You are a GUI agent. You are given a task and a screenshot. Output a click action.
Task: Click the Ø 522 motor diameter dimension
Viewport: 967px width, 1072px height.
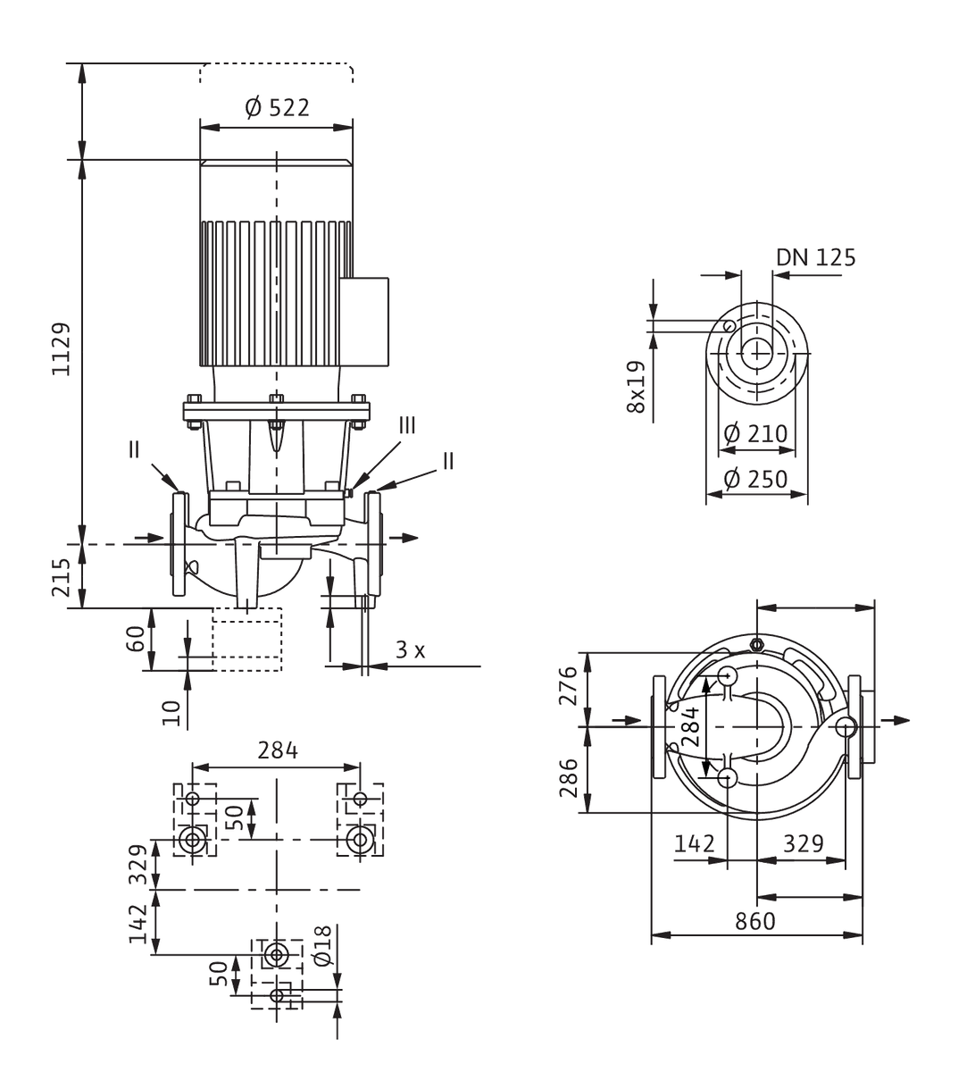[278, 108]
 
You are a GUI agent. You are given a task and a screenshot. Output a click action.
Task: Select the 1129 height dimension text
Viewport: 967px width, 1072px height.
[61, 349]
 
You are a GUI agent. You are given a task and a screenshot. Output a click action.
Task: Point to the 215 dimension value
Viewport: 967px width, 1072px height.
[61, 577]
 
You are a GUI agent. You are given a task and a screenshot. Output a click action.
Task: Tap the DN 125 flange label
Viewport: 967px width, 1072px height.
[815, 257]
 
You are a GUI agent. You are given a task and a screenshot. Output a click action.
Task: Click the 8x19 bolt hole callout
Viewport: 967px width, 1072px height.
[636, 387]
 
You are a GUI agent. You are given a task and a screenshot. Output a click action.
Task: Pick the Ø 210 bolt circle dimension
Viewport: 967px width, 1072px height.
[755, 433]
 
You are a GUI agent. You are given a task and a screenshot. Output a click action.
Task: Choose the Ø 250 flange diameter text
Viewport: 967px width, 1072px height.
[755, 479]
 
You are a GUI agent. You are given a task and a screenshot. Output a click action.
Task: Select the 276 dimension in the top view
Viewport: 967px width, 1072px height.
[569, 685]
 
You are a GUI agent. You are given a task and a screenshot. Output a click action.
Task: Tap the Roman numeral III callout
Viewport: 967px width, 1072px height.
[407, 425]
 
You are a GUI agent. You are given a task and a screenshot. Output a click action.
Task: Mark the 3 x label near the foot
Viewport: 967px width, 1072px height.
[411, 649]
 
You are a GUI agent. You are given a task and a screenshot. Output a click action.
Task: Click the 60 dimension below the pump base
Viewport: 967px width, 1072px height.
[136, 639]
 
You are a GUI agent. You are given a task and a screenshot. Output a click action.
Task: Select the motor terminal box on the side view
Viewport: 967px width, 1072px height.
[363, 322]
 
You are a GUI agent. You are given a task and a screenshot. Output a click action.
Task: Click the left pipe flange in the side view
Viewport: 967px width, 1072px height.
[179, 544]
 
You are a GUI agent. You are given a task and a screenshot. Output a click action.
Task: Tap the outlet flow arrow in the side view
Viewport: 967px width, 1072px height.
[404, 538]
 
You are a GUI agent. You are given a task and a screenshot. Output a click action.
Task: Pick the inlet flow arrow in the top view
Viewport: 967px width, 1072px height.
[627, 720]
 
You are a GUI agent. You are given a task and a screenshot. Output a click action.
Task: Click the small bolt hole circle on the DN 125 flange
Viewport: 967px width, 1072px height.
[729, 325]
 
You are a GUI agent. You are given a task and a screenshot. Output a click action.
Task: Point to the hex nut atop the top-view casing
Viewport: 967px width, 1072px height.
[756, 644]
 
